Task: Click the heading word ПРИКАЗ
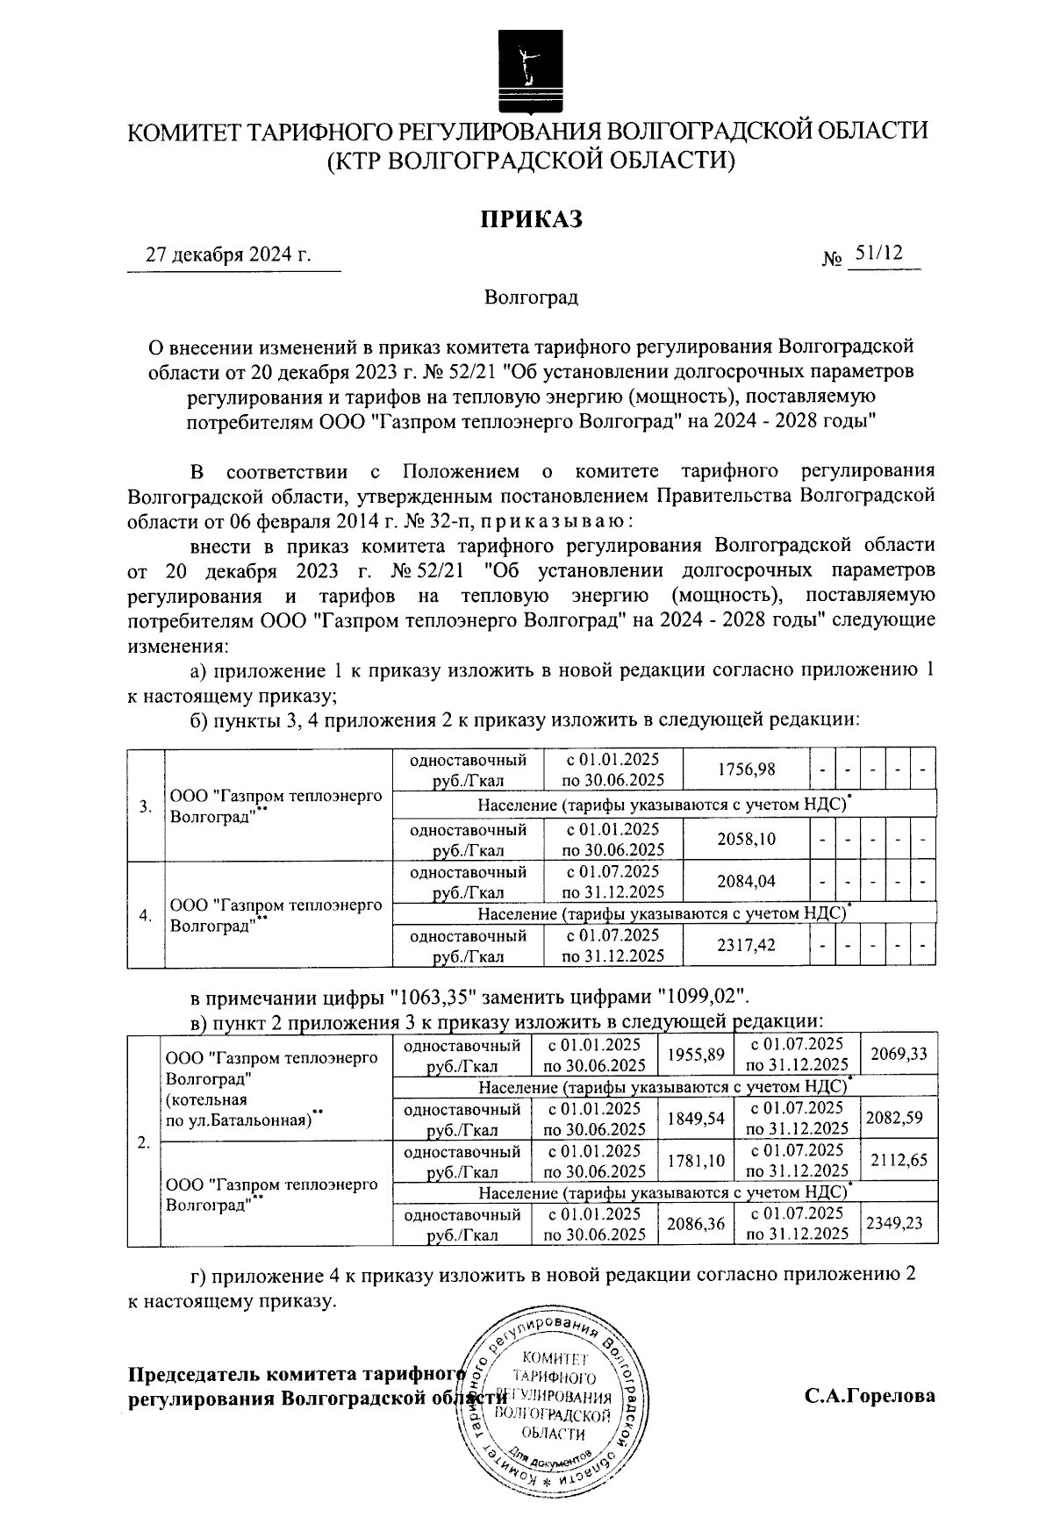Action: tap(530, 218)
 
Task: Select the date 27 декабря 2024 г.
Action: tap(229, 255)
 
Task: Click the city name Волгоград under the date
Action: tap(531, 297)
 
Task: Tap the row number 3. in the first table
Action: tap(146, 806)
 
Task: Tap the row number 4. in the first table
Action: tap(146, 915)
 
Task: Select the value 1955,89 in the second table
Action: tap(696, 1054)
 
